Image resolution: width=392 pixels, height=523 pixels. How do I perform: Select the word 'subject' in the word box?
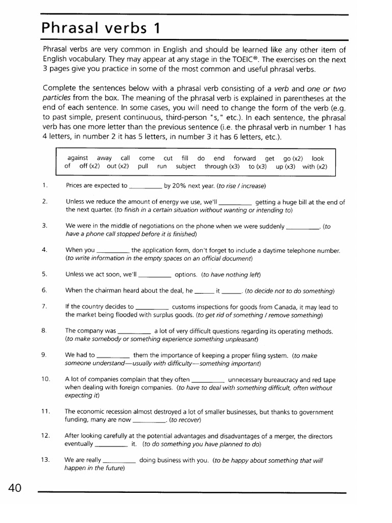[186, 167]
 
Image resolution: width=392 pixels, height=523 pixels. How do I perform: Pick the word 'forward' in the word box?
[245, 158]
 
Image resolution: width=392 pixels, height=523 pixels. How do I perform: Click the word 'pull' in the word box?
[143, 167]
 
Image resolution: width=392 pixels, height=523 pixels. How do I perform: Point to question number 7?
[45, 306]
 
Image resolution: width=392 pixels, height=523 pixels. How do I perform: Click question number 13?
[45, 460]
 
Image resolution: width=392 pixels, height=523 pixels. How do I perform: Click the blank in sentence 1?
[145, 186]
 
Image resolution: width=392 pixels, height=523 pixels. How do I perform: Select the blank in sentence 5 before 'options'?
[155, 275]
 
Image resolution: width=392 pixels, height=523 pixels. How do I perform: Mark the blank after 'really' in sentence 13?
[119, 461]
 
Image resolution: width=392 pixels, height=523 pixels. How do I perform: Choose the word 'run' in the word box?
[162, 167]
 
